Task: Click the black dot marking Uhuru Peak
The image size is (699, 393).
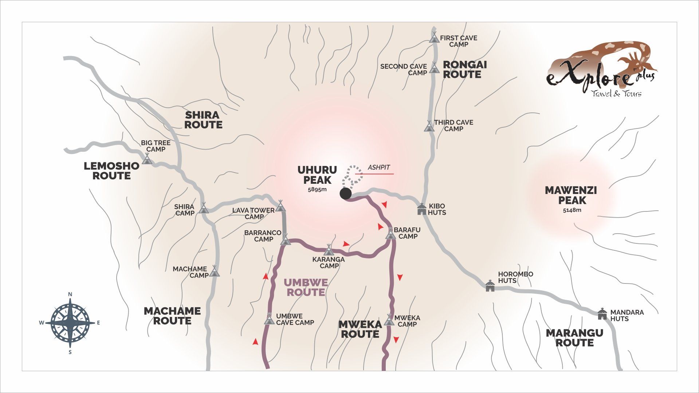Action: point(346,194)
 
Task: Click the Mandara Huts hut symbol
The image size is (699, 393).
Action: point(602,314)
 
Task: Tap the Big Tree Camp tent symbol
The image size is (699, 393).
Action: point(147,159)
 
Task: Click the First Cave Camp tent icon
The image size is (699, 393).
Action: point(434,37)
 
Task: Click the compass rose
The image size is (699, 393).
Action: point(70,322)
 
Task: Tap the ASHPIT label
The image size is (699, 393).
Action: point(379,167)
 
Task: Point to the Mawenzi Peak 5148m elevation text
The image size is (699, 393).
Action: point(572,210)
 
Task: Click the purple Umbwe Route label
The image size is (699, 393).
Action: point(306,287)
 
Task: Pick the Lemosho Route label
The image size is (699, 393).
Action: point(111,171)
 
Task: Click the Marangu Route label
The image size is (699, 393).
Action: point(574,338)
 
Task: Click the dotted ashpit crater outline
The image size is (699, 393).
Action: point(352,175)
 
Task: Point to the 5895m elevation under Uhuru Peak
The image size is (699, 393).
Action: point(317,190)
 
